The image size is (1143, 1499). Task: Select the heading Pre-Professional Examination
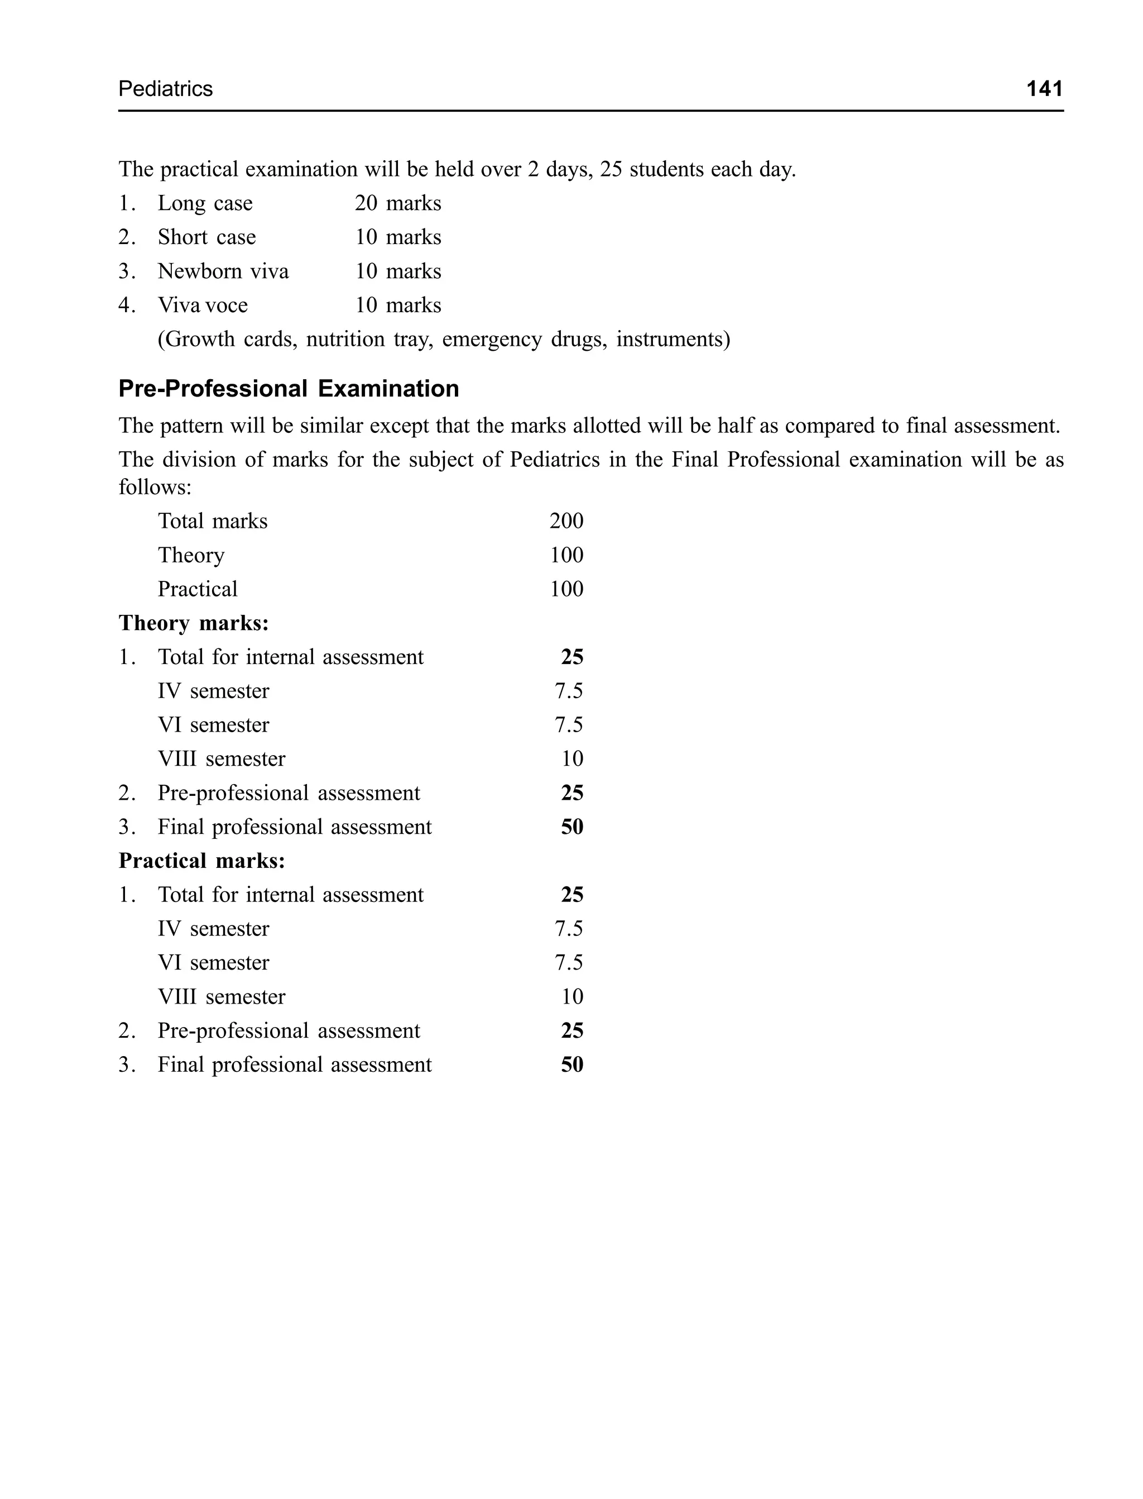pyautogui.click(x=289, y=389)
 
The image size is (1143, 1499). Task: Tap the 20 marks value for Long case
pyautogui.click(x=397, y=203)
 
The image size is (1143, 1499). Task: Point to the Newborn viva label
pyautogui.click(x=223, y=271)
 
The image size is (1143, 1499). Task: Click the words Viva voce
pyautogui.click(x=203, y=305)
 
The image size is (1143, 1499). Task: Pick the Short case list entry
pyautogui.click(x=207, y=237)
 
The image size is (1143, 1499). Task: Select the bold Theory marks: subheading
pyautogui.click(x=194, y=623)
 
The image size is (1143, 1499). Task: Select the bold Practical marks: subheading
pyautogui.click(x=202, y=861)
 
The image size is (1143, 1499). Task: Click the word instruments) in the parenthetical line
pyautogui.click(x=673, y=339)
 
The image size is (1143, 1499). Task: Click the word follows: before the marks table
pyautogui.click(x=155, y=488)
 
